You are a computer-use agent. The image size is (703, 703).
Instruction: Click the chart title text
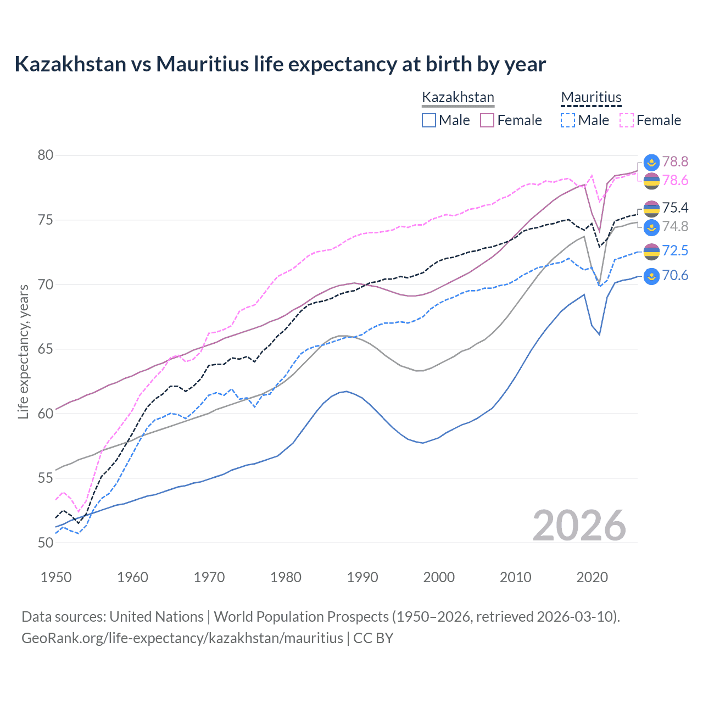pyautogui.click(x=280, y=64)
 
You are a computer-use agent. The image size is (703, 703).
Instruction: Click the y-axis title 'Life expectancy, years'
pyautogui.click(x=23, y=351)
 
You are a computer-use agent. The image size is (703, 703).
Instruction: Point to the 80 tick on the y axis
pyautogui.click(x=46, y=155)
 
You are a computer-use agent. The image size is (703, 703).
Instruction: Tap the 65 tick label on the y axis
pyautogui.click(x=46, y=349)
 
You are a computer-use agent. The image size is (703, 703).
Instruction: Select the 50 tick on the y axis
pyautogui.click(x=46, y=543)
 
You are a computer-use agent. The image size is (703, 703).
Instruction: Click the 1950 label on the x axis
pyautogui.click(x=56, y=577)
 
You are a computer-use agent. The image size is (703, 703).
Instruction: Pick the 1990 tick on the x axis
pyautogui.click(x=362, y=577)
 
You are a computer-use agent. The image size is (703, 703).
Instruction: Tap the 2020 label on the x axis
pyautogui.click(x=592, y=577)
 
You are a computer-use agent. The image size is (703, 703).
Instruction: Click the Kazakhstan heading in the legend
pyautogui.click(x=458, y=98)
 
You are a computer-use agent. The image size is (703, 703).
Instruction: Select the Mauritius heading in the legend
pyautogui.click(x=591, y=98)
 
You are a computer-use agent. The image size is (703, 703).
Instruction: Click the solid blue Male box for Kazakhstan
pyautogui.click(x=429, y=120)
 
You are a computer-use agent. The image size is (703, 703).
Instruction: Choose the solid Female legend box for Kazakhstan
pyautogui.click(x=487, y=120)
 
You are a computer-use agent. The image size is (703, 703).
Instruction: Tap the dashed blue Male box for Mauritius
pyautogui.click(x=568, y=120)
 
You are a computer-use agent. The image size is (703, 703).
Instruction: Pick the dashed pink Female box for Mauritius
pyautogui.click(x=626, y=120)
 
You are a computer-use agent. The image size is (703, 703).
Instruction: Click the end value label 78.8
pyautogui.click(x=675, y=161)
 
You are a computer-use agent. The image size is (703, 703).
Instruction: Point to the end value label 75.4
pyautogui.click(x=675, y=208)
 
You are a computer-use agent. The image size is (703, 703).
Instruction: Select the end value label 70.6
pyautogui.click(x=675, y=276)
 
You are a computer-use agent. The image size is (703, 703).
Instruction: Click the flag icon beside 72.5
pyautogui.click(x=651, y=251)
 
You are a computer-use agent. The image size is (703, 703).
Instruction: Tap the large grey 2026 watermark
pyautogui.click(x=579, y=526)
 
